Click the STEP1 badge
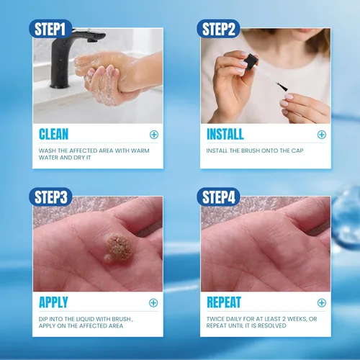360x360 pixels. coord(50,29)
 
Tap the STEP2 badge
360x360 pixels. coord(218,29)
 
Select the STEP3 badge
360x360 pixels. coord(50,197)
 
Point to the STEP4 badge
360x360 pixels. coord(218,197)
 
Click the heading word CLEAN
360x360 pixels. coord(54,134)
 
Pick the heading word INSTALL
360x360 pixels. coord(225,134)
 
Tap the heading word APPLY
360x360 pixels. coord(53,302)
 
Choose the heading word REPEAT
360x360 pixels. coord(224,302)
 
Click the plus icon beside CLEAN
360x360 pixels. coord(154,135)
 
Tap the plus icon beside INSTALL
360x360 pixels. coord(322,135)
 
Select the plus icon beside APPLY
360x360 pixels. coord(153,303)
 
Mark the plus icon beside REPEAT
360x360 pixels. coord(322,303)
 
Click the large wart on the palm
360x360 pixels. coord(119,248)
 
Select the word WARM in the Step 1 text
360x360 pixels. coord(140,150)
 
